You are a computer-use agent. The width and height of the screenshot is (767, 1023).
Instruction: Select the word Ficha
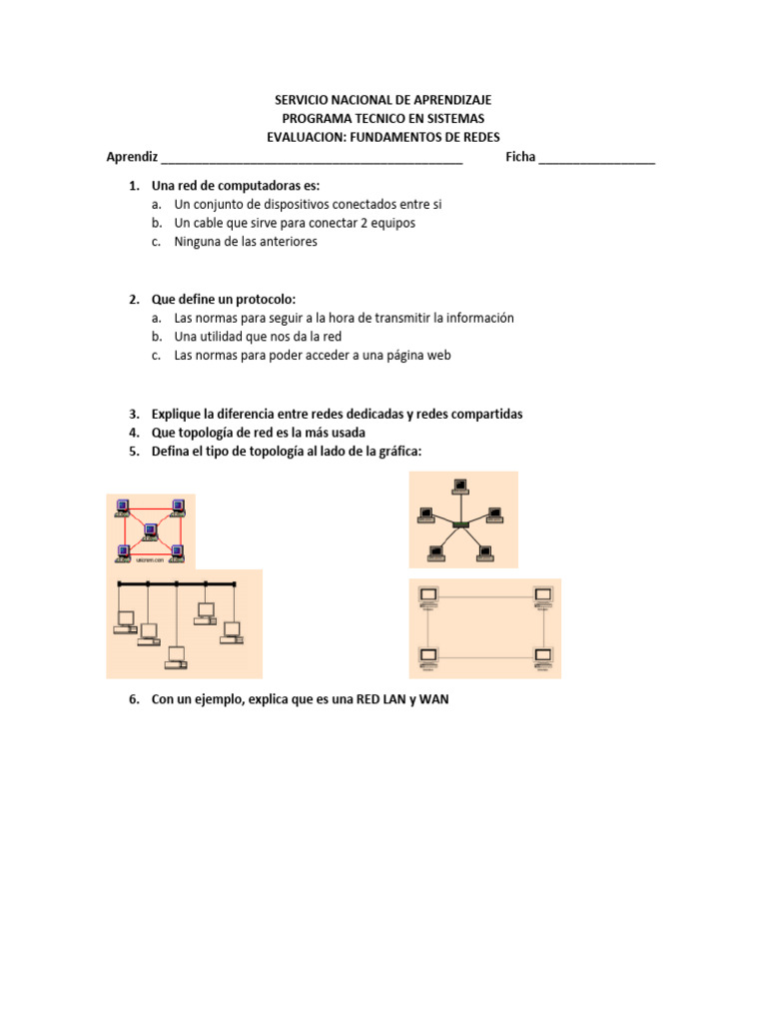tap(520, 156)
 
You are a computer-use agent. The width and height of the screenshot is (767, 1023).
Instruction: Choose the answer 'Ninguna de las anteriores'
tap(245, 241)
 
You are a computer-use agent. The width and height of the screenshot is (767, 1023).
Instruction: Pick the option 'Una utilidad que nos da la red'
tap(258, 336)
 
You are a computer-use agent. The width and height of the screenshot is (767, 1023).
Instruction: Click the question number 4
tap(134, 433)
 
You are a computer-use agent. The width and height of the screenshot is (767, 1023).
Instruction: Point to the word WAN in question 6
tap(433, 699)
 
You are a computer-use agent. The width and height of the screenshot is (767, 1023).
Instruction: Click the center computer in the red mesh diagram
tap(150, 530)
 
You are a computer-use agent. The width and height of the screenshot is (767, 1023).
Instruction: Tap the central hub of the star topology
tap(460, 524)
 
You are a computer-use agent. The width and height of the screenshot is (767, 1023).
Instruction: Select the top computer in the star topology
tap(460, 487)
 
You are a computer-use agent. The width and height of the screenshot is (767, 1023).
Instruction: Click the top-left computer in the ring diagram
tap(428, 596)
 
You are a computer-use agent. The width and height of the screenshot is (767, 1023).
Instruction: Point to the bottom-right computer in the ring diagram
tap(542, 656)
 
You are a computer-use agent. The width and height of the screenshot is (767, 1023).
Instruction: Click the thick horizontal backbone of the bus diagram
tap(177, 582)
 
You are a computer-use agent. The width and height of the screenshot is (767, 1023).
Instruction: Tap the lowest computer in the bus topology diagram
tap(177, 656)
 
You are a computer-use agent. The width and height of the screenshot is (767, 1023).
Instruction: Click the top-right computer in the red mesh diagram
tap(178, 508)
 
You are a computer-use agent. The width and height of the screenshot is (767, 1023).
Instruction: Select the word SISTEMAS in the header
tap(448, 119)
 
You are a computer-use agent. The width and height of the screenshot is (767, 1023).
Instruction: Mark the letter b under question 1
tap(156, 223)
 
